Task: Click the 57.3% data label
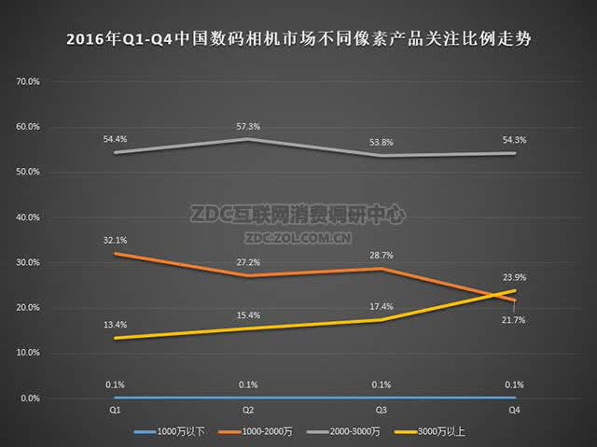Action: (x=248, y=126)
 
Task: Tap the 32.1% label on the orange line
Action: (x=115, y=240)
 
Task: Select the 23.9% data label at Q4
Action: (x=514, y=277)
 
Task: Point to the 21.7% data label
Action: (x=513, y=320)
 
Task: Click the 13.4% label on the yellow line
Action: (x=115, y=325)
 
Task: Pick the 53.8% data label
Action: (x=382, y=143)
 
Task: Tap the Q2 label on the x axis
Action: (x=248, y=410)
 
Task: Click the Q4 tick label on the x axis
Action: (x=514, y=410)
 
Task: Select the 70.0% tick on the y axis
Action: (x=28, y=81)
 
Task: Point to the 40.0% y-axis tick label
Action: (x=28, y=217)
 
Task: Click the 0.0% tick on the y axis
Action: (x=30, y=398)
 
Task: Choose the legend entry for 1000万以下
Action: (x=170, y=432)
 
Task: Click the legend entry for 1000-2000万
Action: (x=256, y=432)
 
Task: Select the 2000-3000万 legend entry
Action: (x=343, y=432)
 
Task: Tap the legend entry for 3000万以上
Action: (x=429, y=432)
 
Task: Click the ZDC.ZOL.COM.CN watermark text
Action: (x=298, y=238)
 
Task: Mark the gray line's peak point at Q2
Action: (x=248, y=139)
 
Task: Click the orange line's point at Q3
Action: (x=382, y=269)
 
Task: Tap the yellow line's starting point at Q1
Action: (x=115, y=338)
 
